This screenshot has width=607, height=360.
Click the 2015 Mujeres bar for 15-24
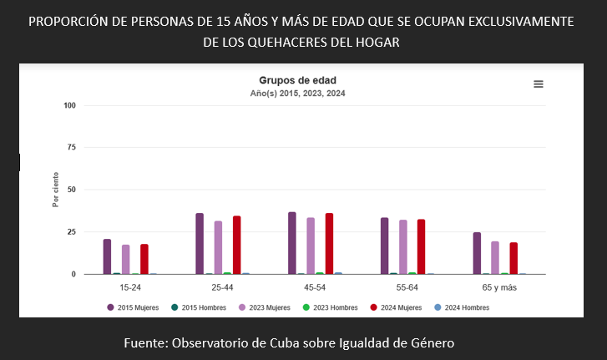[107, 256]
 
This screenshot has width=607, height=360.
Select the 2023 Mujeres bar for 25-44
[218, 247]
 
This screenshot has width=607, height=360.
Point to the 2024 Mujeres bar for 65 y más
[513, 258]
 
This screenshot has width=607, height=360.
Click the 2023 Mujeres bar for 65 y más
[495, 257]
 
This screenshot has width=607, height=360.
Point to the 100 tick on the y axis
[69, 105]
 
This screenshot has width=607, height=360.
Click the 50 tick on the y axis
[71, 190]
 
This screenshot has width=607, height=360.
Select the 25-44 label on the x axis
[222, 286]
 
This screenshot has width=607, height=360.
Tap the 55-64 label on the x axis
[407, 286]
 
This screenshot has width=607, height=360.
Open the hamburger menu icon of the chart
[539, 84]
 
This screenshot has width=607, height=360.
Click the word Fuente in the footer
[147, 343]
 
